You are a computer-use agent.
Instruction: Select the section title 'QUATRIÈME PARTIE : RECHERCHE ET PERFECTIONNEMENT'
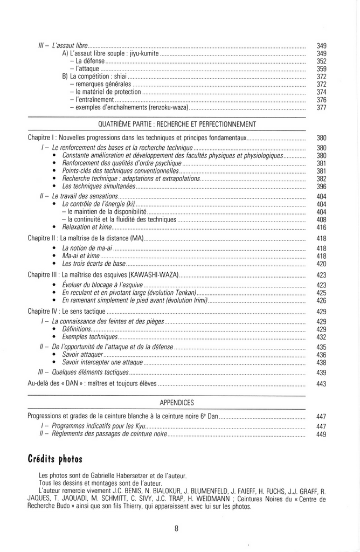[178, 124]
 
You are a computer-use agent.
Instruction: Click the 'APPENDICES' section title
[177, 403]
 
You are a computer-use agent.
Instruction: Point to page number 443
[321, 384]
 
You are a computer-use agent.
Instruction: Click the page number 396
[321, 187]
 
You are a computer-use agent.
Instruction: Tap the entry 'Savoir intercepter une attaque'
[102, 362]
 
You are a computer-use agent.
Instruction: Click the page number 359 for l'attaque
[321, 69]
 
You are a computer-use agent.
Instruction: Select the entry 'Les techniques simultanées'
[99, 187]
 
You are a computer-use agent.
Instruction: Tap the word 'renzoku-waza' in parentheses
[168, 108]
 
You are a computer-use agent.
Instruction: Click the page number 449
[321, 434]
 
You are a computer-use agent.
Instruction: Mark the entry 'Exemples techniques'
[89, 337]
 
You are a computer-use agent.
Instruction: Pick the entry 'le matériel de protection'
[108, 92]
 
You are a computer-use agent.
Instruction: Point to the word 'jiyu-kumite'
[143, 54]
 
